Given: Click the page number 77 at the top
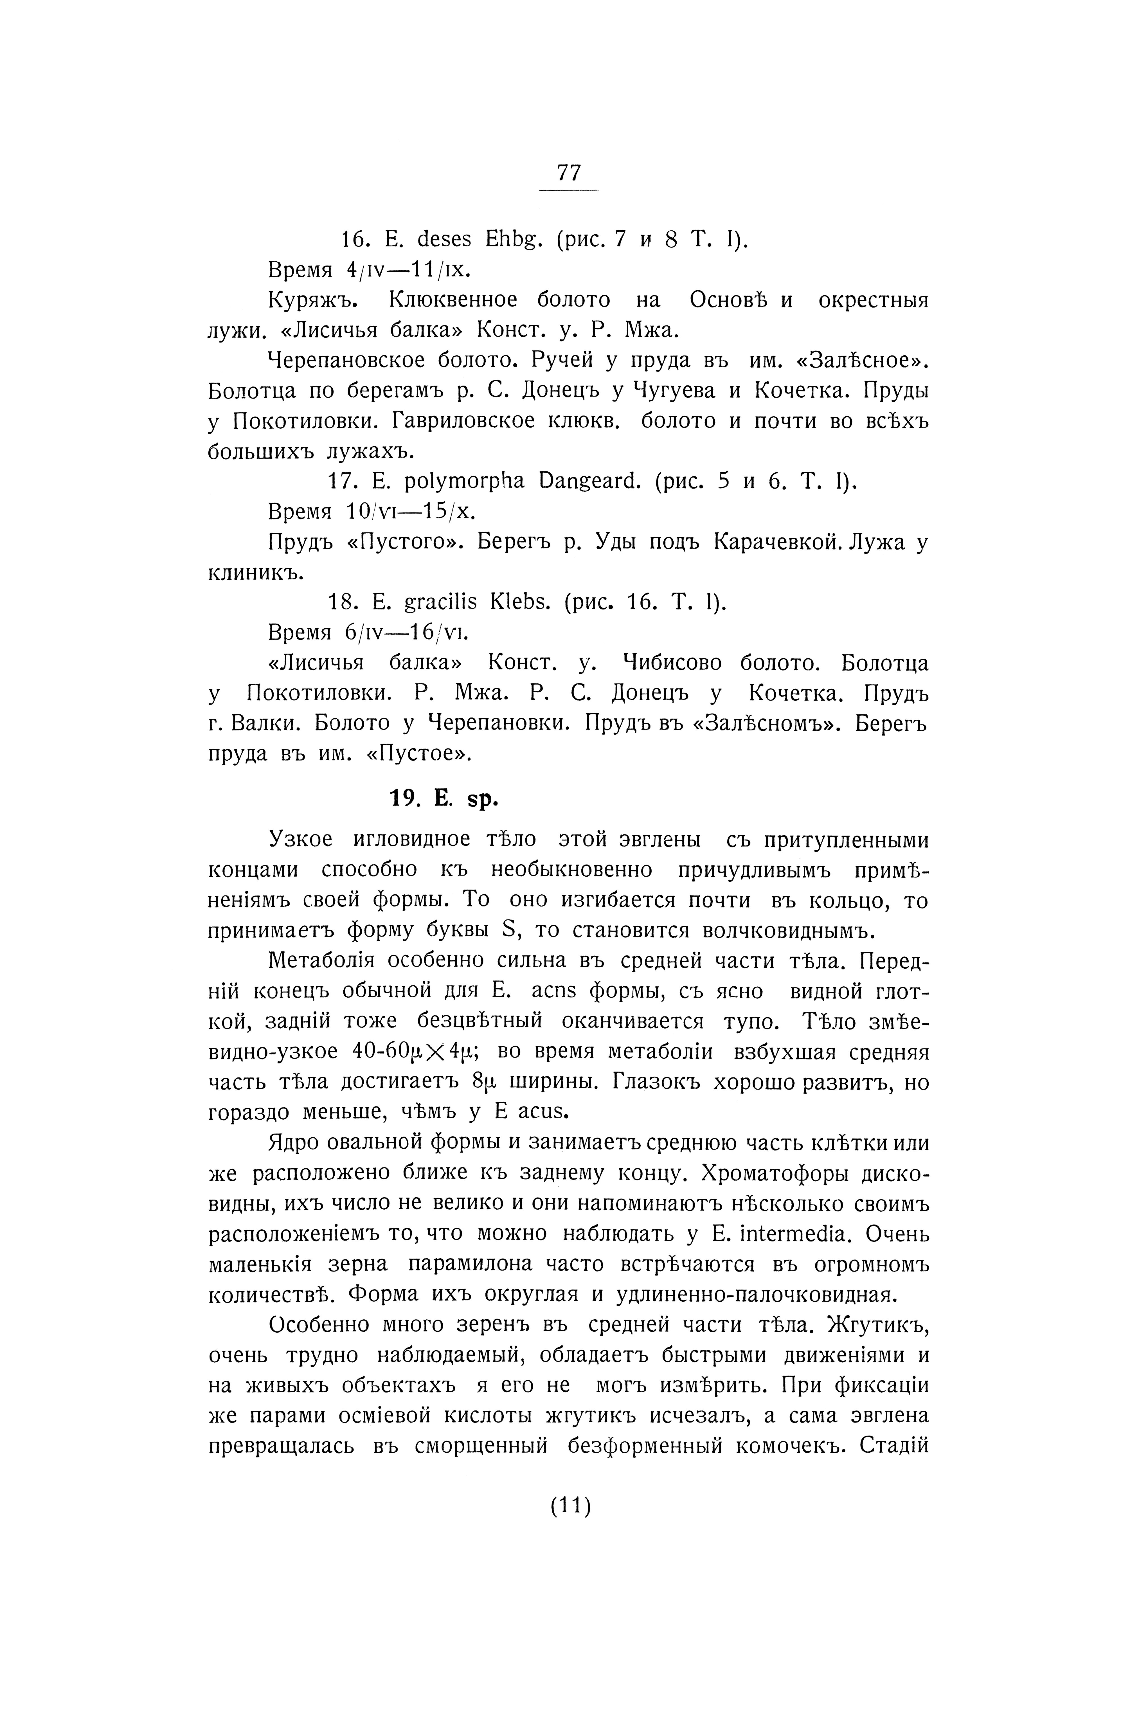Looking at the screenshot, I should point(569,173).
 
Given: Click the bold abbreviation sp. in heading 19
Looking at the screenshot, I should point(482,799).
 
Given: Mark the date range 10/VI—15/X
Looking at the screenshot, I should point(410,512).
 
